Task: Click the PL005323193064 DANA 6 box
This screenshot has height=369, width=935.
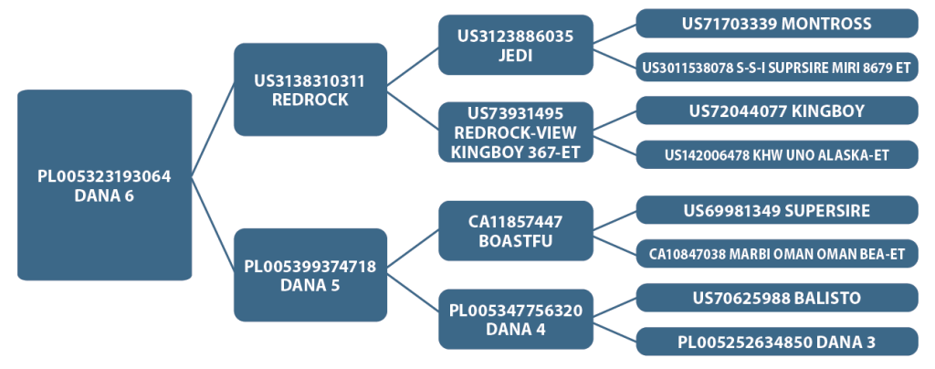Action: [103, 184]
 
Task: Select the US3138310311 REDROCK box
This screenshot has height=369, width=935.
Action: [310, 90]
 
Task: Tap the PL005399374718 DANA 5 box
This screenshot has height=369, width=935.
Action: [310, 275]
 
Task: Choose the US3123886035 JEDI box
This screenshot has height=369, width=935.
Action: [516, 45]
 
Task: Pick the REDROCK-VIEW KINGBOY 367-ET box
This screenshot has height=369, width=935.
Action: [516, 132]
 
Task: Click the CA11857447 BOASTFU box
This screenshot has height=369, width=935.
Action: [516, 230]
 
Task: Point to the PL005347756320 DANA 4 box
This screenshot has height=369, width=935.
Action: [516, 319]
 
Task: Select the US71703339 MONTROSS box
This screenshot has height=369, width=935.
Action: [777, 24]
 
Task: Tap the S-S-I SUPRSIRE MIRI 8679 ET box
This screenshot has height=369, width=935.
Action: [777, 67]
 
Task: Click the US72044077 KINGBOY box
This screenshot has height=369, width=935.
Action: [777, 111]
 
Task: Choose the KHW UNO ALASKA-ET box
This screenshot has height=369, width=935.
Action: [777, 154]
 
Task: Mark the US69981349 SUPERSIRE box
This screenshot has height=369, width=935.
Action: [777, 211]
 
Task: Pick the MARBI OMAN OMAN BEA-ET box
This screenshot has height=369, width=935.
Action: [777, 253]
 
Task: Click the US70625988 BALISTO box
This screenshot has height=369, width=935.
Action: [777, 298]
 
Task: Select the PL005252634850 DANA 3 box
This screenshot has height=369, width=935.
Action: [777, 342]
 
